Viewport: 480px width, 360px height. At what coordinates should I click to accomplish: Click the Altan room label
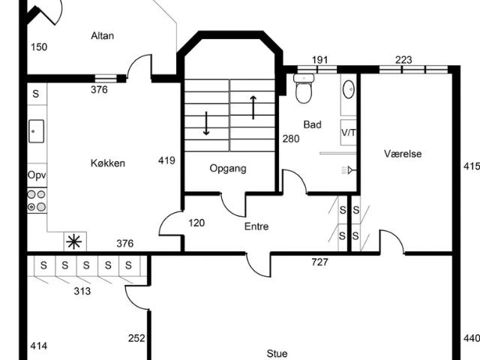coord(102,36)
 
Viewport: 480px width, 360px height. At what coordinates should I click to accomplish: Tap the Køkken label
coord(108,163)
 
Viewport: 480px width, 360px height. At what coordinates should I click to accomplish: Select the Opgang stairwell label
coord(228,168)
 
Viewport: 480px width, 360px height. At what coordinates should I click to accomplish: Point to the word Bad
coord(312,124)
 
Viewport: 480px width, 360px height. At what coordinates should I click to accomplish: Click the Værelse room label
coord(403,153)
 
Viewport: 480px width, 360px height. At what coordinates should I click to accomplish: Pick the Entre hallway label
coord(256,226)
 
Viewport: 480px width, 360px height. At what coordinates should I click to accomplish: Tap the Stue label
coord(277,354)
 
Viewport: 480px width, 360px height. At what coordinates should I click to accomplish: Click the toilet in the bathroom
coord(304,88)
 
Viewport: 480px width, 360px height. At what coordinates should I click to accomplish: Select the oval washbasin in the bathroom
coord(348,89)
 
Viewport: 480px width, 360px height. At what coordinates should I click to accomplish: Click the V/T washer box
coord(348,133)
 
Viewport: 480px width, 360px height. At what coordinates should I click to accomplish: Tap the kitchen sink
coord(37,131)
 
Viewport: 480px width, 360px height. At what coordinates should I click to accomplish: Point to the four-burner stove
coord(37,200)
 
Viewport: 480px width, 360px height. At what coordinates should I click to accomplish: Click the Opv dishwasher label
coord(37,175)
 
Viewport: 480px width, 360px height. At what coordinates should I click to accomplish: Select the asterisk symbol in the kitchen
coord(74,241)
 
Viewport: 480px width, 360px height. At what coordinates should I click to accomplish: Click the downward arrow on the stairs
coord(206,123)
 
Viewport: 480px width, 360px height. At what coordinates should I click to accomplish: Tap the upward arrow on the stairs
coord(253,107)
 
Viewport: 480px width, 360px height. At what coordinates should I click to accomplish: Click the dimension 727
coord(319,262)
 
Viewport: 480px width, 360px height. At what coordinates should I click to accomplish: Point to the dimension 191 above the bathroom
coord(319,60)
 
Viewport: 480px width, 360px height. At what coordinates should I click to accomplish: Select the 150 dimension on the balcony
coord(39,47)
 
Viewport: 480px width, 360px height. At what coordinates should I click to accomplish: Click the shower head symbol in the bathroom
coord(347,170)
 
